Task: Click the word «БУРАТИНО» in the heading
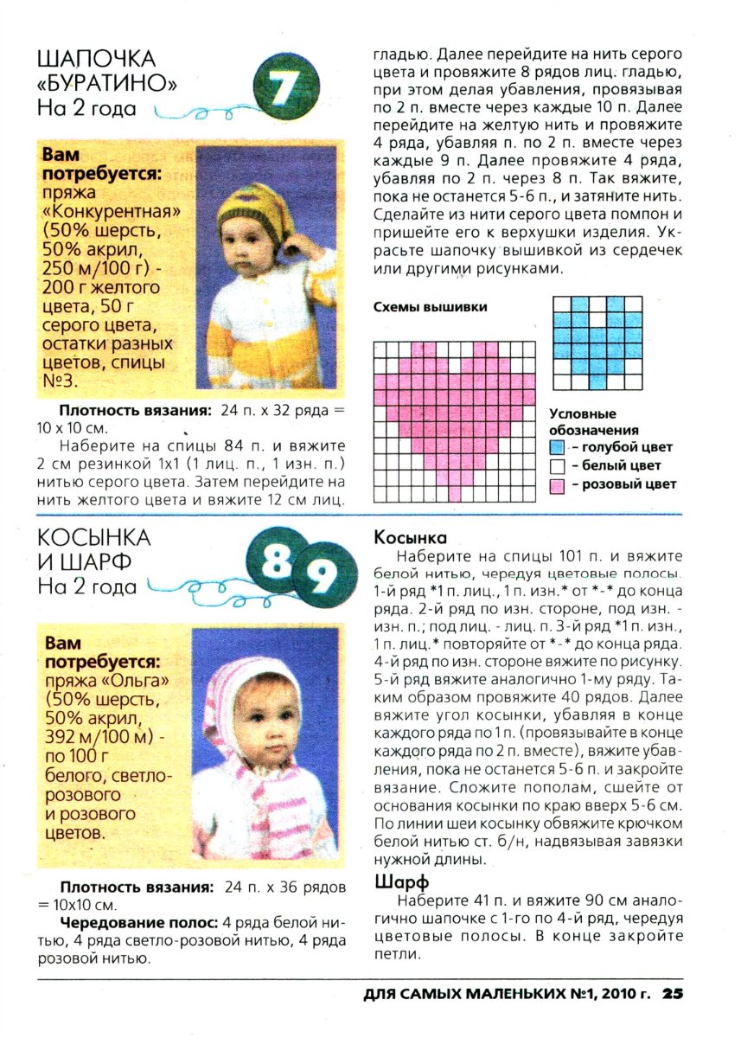click(107, 84)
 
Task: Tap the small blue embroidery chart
click(597, 343)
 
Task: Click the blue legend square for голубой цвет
click(558, 448)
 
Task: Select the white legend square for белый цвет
click(558, 466)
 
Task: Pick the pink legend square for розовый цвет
click(558, 485)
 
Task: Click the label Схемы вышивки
click(430, 307)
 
